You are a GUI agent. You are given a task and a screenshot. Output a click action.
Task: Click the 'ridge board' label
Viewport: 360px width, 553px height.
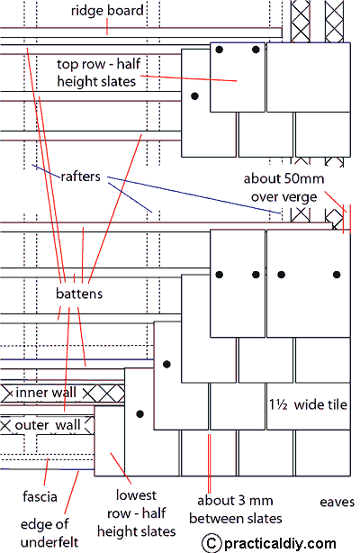pyautogui.click(x=107, y=11)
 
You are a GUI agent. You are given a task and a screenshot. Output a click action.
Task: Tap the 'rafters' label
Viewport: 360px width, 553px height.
pyautogui.click(x=80, y=177)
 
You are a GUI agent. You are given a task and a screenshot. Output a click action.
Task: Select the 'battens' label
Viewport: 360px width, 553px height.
pyautogui.click(x=79, y=294)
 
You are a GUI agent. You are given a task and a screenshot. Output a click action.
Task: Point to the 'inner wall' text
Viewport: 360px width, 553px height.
pyautogui.click(x=46, y=392)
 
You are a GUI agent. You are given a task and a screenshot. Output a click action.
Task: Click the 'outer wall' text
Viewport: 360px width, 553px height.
pyautogui.click(x=48, y=425)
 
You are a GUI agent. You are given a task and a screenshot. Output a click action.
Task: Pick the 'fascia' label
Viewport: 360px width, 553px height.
pyautogui.click(x=40, y=496)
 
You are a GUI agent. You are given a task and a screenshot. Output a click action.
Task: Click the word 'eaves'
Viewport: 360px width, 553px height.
pyautogui.click(x=337, y=502)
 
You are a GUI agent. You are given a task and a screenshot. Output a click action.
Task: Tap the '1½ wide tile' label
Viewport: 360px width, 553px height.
pyautogui.click(x=308, y=404)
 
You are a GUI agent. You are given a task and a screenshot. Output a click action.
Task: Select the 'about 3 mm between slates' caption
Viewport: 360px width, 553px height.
pyautogui.click(x=236, y=510)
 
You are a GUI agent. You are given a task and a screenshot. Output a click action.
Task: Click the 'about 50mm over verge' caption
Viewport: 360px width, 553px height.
pyautogui.click(x=283, y=187)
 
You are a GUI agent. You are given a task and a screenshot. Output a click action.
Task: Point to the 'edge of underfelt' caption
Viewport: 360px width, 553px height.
pyautogui.click(x=49, y=533)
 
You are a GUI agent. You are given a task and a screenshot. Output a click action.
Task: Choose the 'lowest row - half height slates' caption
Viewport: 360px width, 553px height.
pyautogui.click(x=137, y=513)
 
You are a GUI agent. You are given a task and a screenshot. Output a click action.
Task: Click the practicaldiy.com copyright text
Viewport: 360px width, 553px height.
pyautogui.click(x=280, y=543)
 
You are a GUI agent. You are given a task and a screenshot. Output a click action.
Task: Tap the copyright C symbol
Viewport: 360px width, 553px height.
pyautogui.click(x=211, y=543)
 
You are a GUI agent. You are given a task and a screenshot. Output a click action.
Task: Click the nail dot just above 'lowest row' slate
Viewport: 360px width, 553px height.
pyautogui.click(x=140, y=413)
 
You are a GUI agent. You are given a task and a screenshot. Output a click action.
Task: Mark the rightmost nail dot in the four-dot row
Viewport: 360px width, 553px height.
pyautogui.click(x=337, y=275)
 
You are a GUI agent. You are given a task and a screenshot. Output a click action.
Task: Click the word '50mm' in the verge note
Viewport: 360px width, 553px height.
pyautogui.click(x=304, y=178)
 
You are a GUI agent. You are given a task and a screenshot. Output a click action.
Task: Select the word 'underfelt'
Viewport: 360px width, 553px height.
pyautogui.click(x=49, y=541)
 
